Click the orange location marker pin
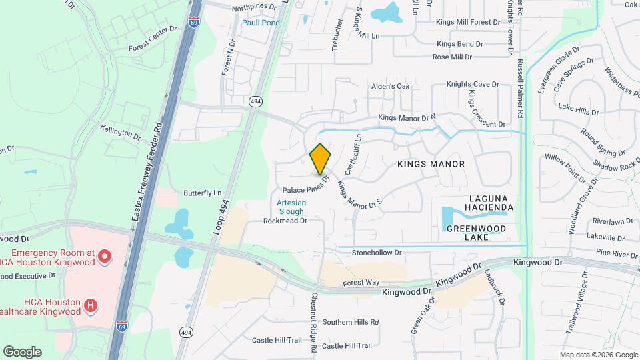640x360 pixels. (x=321, y=159)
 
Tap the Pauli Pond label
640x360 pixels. (x=261, y=23)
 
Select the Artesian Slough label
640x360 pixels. (x=291, y=207)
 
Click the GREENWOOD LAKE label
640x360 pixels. (x=477, y=233)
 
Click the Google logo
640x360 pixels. (x=22, y=351)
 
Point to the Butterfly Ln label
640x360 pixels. (x=202, y=193)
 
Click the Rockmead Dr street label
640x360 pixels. (x=285, y=221)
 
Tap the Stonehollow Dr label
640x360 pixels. (x=377, y=253)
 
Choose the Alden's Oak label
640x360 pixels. (x=390, y=86)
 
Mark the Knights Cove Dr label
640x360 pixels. (x=473, y=84)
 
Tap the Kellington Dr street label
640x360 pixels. (x=121, y=132)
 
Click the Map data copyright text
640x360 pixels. (x=598, y=355)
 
